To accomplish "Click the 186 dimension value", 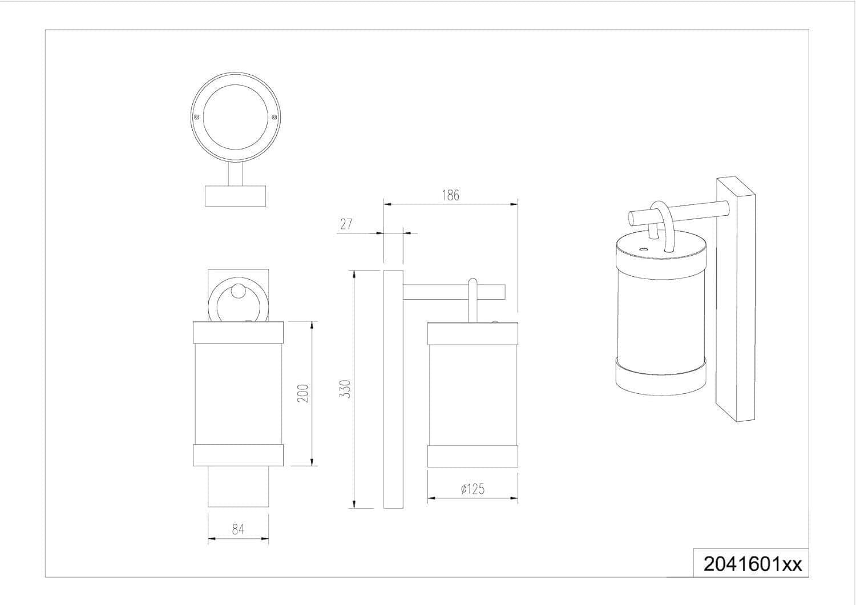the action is click(x=451, y=195).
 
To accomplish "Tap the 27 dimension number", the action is click(x=346, y=224).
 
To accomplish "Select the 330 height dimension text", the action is click(x=345, y=389).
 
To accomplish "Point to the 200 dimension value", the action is click(x=302, y=393).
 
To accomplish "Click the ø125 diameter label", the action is click(x=473, y=489).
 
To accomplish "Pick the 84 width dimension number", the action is click(x=238, y=529).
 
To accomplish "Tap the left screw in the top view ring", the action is click(x=196, y=117).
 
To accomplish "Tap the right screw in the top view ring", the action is click(x=274, y=117).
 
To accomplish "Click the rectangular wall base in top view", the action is click(x=235, y=196).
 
